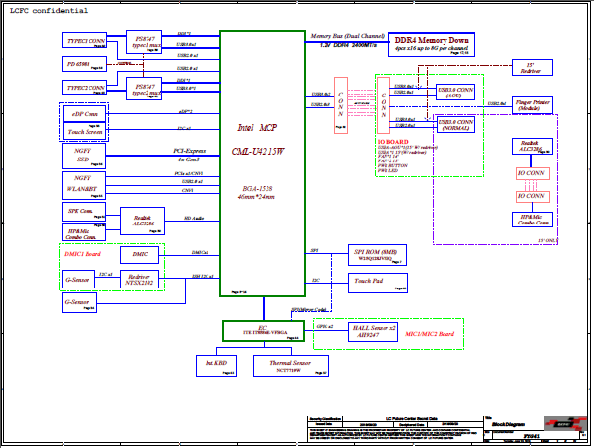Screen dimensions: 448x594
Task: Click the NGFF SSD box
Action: [83, 156]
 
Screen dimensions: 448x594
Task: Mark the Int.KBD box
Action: [217, 366]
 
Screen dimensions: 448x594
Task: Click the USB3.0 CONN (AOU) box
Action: [456, 92]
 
